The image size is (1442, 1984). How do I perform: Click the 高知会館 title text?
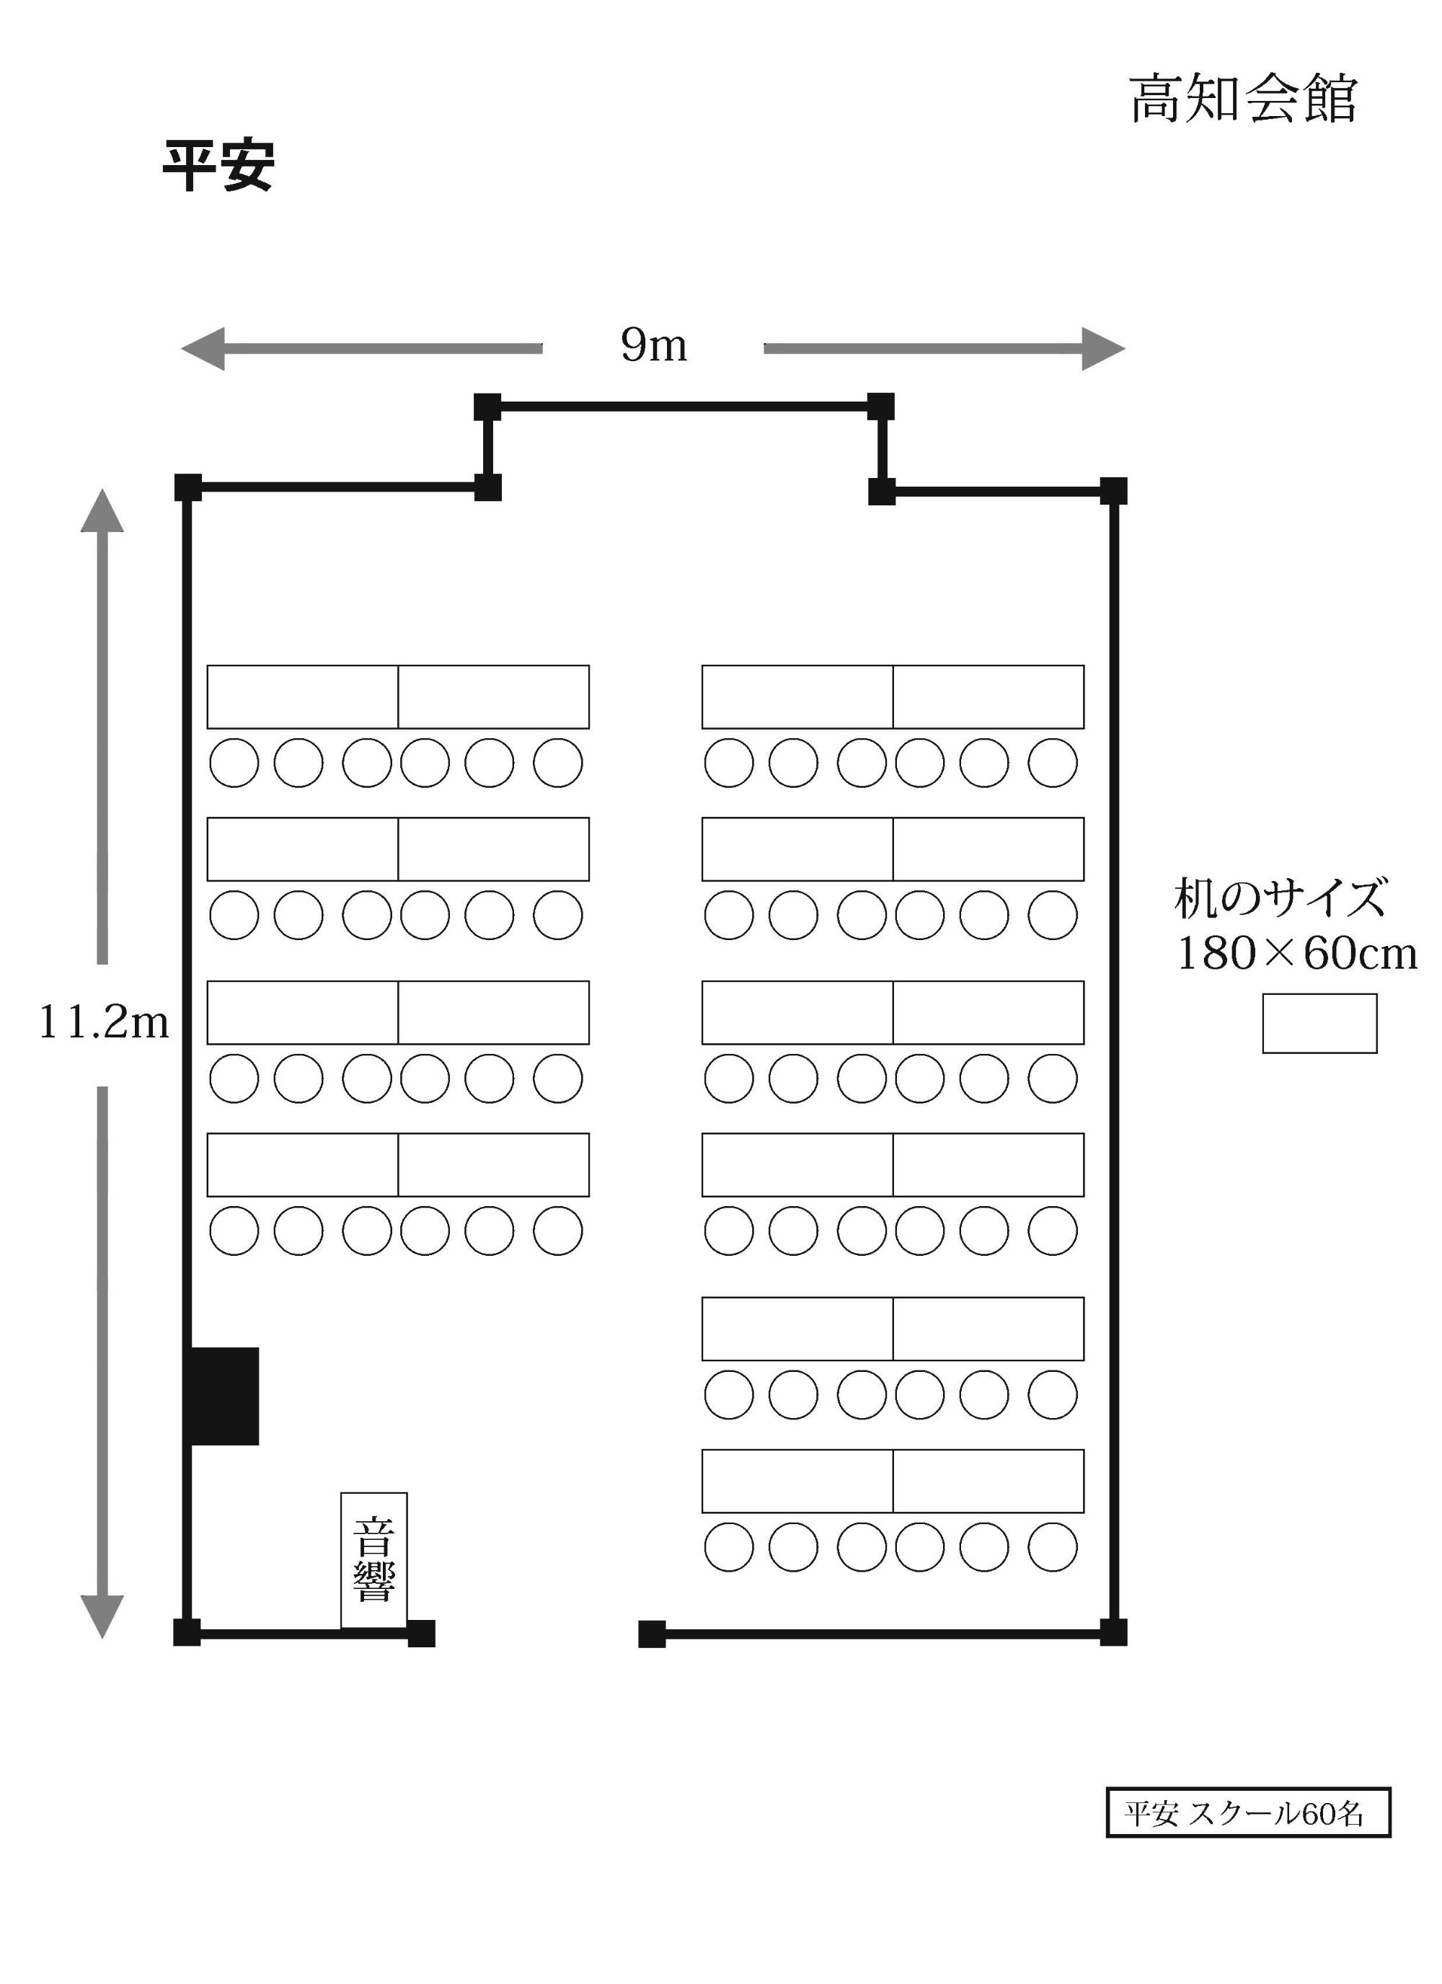1242,99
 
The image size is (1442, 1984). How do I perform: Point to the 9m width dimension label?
654,345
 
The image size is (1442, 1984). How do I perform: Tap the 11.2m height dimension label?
103,1022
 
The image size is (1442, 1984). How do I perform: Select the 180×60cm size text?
1296,954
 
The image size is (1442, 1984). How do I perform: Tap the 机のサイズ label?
1280,898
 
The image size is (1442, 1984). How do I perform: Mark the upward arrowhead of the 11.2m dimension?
102,511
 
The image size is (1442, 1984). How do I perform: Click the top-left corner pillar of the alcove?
487,407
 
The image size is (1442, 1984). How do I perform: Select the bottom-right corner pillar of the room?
1113,1631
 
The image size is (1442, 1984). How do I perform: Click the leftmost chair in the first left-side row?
234,763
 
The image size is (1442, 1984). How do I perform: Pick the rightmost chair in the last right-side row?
1053,1546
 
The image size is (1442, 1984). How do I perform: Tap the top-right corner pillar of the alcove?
880,407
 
